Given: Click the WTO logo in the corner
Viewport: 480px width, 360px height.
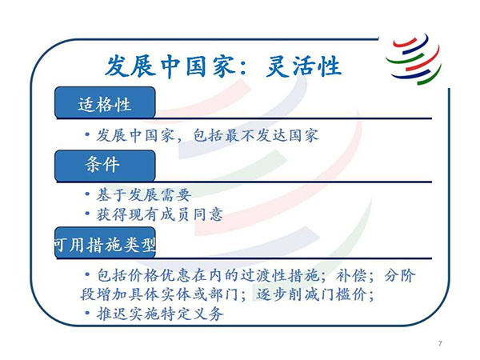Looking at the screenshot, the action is (414, 59).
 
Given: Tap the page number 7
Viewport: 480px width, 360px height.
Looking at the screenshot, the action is (440, 343).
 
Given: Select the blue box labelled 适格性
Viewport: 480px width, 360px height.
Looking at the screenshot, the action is (105, 102).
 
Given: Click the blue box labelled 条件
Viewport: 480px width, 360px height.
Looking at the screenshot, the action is (105, 166).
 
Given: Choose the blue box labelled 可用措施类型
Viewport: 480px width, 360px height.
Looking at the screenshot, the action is (105, 243).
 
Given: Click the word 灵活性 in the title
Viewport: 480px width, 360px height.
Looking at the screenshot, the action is (303, 66).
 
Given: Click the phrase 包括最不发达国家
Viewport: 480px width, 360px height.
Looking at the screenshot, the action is (256, 136).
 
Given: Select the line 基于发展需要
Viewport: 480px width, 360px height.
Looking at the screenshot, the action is (144, 195).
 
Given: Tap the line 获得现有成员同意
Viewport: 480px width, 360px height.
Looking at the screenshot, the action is (159, 214).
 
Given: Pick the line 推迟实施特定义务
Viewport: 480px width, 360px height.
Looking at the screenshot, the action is (160, 314).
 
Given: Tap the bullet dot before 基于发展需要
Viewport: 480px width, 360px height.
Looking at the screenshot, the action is (87, 194).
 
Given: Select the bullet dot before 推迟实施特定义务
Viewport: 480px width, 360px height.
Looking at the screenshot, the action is (87, 313).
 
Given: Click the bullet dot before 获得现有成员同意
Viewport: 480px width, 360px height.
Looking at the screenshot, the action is (87, 214).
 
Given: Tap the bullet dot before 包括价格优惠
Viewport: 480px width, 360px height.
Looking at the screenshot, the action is (87, 274).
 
